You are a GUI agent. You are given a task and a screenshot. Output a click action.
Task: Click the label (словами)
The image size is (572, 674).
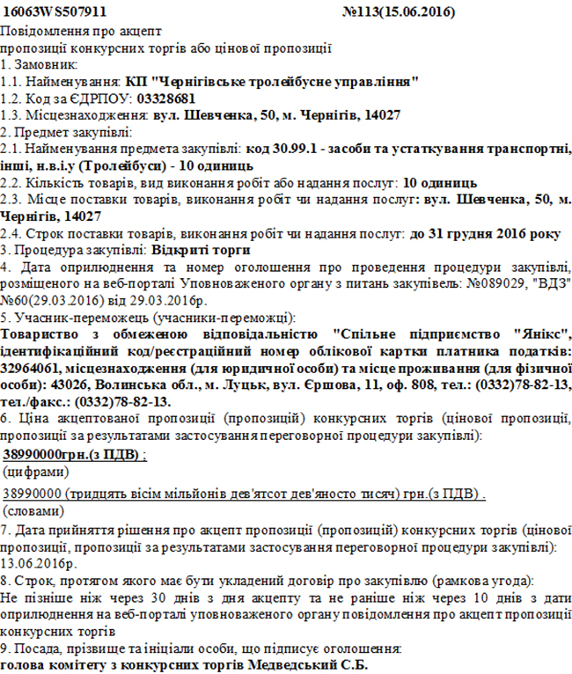pos(33,510)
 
